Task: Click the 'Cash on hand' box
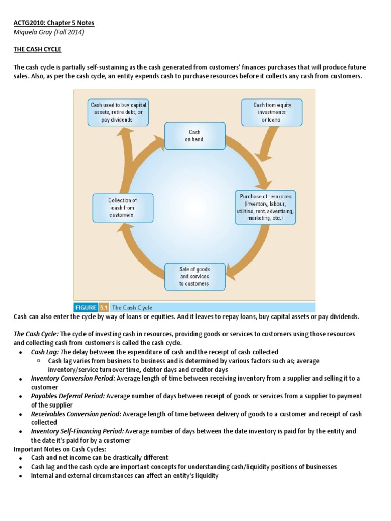tap(194, 135)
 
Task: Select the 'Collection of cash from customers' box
tap(123, 208)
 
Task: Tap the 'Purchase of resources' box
tap(265, 208)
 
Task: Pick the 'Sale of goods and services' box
tap(194, 276)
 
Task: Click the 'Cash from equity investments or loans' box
tap(272, 112)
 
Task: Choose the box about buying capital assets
tap(118, 112)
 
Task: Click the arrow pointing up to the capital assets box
tap(124, 148)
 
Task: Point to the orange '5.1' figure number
tap(104, 307)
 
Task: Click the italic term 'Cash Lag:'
tap(44, 352)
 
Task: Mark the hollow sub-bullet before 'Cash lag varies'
tap(39, 361)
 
